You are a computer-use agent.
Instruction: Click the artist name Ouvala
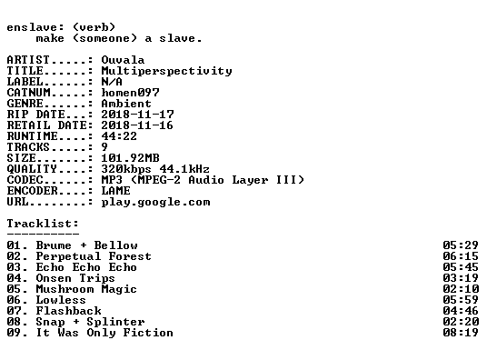click(123, 60)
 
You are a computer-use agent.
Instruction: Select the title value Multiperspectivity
click(166, 71)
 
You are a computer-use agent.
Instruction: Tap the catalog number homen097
click(130, 93)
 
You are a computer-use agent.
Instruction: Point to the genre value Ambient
click(126, 104)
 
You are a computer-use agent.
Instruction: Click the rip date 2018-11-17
click(137, 115)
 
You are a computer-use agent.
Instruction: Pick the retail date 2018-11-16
click(137, 125)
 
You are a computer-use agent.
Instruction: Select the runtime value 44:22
click(119, 135)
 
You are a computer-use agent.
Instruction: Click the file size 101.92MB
click(130, 157)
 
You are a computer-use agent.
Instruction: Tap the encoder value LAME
click(115, 190)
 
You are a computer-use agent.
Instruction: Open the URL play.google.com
click(155, 202)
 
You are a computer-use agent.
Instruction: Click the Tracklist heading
click(43, 224)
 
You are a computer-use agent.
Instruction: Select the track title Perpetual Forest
click(94, 256)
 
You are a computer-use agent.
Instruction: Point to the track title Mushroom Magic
click(86, 289)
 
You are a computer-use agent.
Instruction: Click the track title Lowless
click(61, 300)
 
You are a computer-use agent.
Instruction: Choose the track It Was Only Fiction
click(104, 333)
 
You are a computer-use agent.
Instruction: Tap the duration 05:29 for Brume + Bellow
click(461, 245)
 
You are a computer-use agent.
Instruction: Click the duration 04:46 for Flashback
click(461, 311)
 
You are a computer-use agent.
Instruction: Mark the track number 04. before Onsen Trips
click(17, 278)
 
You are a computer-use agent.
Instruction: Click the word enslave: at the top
click(35, 27)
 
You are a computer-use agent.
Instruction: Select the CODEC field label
click(25, 180)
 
